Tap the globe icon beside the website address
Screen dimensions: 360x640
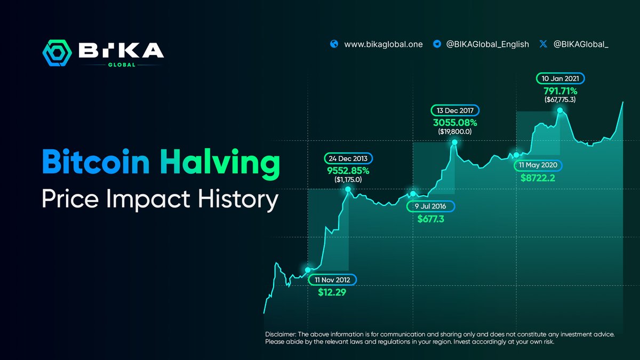334,44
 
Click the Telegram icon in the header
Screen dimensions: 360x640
436,44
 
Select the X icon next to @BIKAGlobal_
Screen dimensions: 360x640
543,44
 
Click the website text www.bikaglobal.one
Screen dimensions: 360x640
383,44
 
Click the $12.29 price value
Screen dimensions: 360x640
332,292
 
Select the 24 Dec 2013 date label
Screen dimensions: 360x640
349,159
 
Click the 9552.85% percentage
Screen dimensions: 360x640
349,171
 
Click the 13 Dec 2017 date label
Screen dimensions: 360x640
455,110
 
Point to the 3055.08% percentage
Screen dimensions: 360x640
455,122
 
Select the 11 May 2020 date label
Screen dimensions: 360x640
538,165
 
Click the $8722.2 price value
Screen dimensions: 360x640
538,178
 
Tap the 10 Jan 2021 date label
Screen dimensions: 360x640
560,78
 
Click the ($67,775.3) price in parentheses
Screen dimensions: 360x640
560,100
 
